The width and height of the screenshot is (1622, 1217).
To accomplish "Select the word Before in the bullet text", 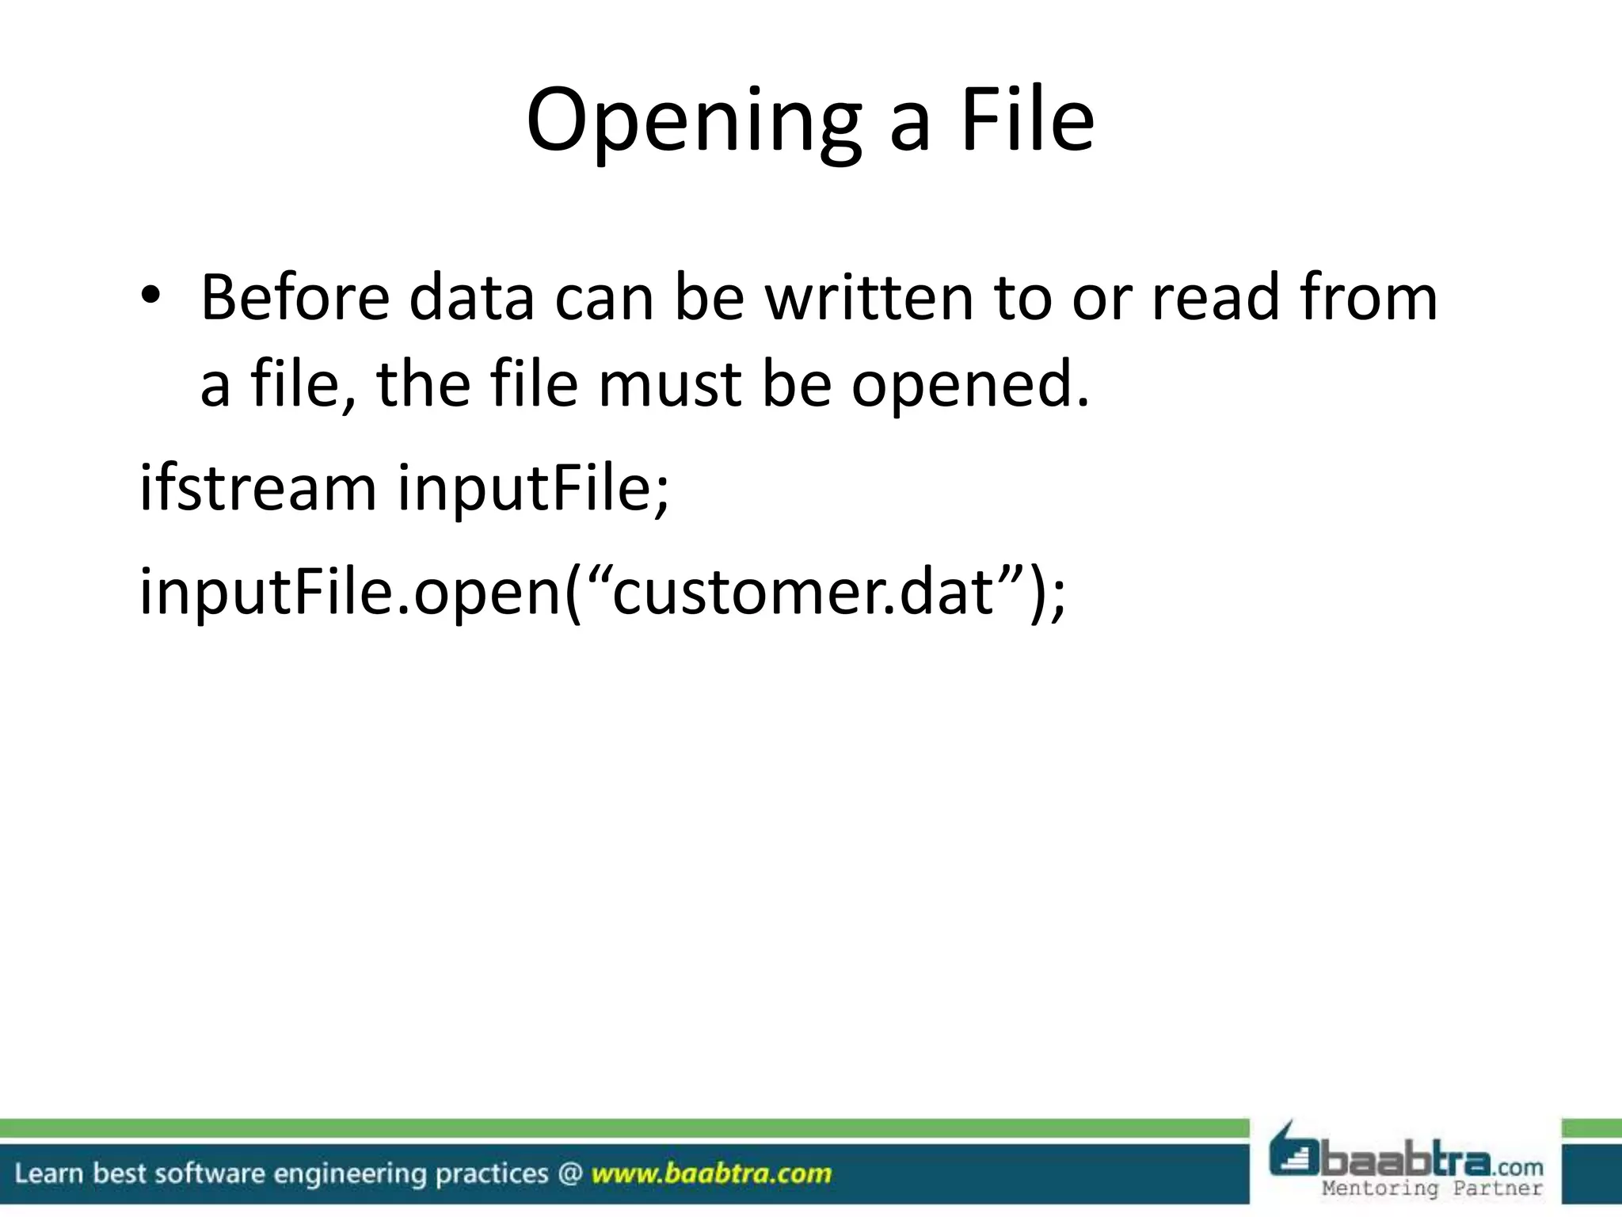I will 295,298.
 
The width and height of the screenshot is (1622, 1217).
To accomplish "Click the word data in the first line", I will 471,298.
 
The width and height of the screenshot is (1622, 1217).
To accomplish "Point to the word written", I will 869,298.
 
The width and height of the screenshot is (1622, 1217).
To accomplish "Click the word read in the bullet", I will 1215,298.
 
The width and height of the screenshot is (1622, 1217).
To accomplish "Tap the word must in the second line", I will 670,384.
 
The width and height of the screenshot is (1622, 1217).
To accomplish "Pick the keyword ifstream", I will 257,487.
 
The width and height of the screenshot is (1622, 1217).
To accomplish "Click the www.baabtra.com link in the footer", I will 711,1173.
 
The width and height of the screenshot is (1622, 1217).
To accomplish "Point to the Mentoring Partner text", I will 1432,1188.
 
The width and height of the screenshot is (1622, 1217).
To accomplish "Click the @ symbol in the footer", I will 569,1173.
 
